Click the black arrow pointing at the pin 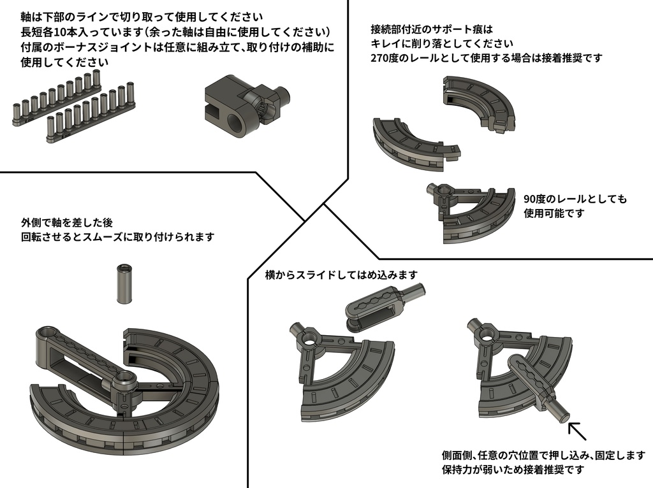coord(577,431)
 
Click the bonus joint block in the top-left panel coord(246,107)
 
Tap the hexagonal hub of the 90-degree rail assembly coord(443,190)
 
